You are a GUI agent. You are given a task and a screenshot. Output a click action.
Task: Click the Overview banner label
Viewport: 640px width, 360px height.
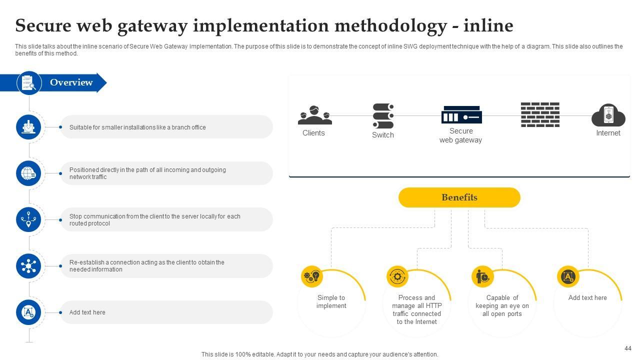point(71,82)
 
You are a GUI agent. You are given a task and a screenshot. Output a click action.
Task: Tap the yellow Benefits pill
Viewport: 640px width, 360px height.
point(459,197)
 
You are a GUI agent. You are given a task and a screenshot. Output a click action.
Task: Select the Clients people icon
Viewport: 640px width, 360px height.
point(314,115)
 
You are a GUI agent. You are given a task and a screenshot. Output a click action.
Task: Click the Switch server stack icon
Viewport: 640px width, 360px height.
point(383,116)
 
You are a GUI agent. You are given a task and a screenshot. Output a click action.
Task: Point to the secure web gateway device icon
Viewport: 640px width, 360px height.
point(461,115)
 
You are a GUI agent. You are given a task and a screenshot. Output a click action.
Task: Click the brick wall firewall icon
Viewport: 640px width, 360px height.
point(540,115)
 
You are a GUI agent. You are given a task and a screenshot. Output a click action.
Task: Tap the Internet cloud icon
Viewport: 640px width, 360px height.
point(608,115)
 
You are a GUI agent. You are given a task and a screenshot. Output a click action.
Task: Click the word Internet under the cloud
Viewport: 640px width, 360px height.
point(608,133)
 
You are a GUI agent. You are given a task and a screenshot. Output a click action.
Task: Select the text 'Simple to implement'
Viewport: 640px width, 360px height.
point(331,301)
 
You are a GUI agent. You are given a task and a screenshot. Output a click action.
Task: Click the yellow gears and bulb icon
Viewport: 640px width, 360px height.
point(312,276)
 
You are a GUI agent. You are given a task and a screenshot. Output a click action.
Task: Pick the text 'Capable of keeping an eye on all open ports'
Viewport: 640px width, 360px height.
point(502,305)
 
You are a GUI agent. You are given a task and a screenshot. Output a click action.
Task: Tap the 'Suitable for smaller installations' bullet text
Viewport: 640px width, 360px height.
point(137,127)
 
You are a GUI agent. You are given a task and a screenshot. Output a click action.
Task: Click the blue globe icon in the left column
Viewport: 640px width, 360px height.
point(28,173)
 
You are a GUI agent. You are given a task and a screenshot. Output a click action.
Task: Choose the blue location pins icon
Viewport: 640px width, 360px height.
point(28,219)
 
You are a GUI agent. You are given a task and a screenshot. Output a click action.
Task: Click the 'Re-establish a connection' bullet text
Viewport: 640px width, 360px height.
point(147,266)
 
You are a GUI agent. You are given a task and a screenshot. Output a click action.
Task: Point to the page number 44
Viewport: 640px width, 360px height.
point(628,348)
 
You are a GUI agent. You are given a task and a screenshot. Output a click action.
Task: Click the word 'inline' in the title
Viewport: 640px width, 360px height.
point(488,25)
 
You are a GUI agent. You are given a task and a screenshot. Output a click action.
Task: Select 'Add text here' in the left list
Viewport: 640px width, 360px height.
point(87,312)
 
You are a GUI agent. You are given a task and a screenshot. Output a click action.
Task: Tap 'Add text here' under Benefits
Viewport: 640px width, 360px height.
point(587,297)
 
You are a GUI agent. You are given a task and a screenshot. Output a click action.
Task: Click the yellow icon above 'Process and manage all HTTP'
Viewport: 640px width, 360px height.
point(397,276)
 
